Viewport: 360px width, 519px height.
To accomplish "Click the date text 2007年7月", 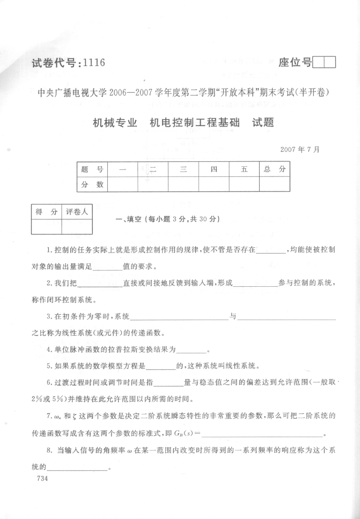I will tap(299, 149).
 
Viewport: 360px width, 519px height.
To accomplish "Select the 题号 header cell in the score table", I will tap(92, 169).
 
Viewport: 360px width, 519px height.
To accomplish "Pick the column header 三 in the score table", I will tap(183, 169).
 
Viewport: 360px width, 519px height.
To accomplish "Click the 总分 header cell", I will tap(275, 169).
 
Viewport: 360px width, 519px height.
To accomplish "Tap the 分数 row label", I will tap(92, 184).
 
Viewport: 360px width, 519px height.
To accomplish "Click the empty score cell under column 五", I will tap(244, 184).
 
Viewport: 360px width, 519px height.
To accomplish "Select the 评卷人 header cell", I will tap(77, 212).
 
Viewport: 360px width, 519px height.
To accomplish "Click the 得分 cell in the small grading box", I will tap(46, 212).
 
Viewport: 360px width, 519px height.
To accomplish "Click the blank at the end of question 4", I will tap(192, 352).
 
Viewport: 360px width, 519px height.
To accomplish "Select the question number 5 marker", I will tap(49, 367).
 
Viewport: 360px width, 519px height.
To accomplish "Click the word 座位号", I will tap(295, 63).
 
